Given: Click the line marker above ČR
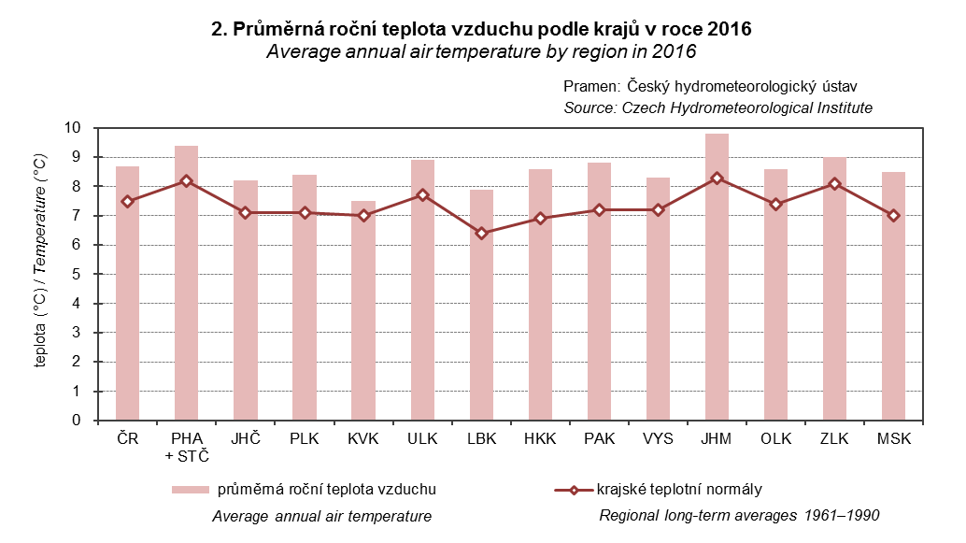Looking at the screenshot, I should [x=127, y=201].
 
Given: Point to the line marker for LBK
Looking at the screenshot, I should [x=481, y=234].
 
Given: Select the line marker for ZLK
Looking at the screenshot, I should [x=834, y=184].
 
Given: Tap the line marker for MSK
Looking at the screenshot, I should [x=894, y=216].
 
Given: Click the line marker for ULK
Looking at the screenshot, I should [x=422, y=195].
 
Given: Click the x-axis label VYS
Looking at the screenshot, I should [x=658, y=438].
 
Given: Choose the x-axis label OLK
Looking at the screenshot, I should [x=775, y=438].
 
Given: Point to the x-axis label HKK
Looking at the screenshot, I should [x=540, y=438].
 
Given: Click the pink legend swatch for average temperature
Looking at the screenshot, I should [x=190, y=490].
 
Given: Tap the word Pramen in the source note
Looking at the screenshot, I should [x=588, y=86].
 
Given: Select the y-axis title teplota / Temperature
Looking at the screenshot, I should [x=41, y=274].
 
